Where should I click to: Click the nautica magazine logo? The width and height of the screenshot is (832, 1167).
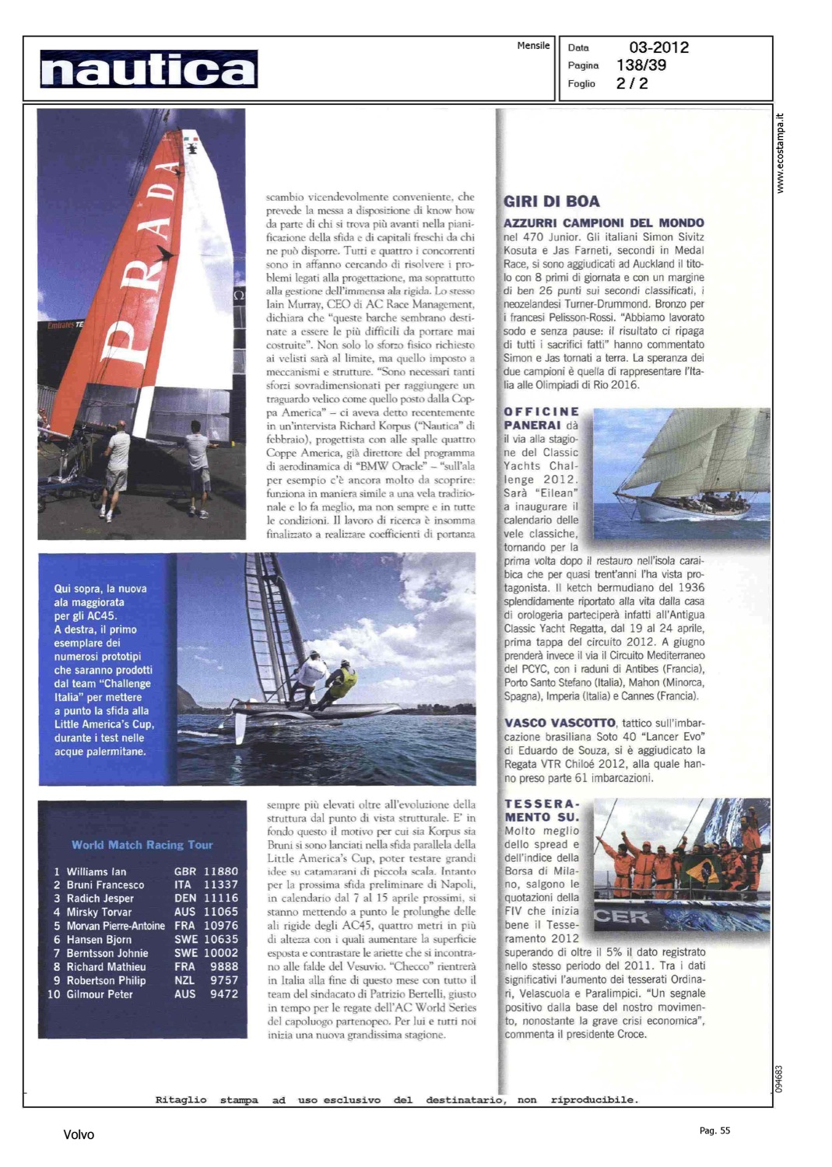coord(148,69)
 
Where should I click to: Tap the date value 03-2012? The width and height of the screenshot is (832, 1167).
coord(658,47)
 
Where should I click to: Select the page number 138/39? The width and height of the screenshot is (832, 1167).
coord(641,65)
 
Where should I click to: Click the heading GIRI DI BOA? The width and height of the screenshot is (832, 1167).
coord(552,202)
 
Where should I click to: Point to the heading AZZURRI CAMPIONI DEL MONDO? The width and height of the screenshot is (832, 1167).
coord(604,223)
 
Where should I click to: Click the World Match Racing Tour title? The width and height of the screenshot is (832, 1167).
coord(142,845)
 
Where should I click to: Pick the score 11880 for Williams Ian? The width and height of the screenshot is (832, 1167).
coord(221,871)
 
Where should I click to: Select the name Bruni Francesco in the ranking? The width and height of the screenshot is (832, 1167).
coord(105,885)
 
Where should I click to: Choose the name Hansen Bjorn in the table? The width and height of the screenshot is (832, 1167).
coord(99,939)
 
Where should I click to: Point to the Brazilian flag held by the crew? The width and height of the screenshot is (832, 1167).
coord(699,871)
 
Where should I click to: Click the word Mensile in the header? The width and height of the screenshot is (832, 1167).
coord(533,46)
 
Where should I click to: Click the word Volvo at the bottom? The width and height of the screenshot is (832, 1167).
coord(79,1135)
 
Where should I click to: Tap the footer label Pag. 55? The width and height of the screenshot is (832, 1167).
coord(714,1130)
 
